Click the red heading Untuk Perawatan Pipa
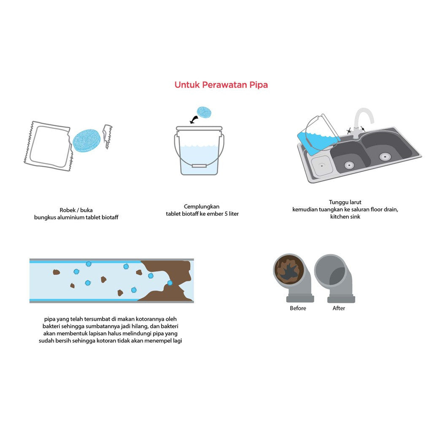221,85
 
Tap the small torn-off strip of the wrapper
108,136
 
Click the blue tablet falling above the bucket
204,113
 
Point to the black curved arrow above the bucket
195,120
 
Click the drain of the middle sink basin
348,165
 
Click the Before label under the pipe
298,308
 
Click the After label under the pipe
339,308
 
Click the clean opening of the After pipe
330,270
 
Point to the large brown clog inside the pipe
167,278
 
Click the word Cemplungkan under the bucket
202,206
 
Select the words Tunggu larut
345,202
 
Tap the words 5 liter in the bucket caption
231,214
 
